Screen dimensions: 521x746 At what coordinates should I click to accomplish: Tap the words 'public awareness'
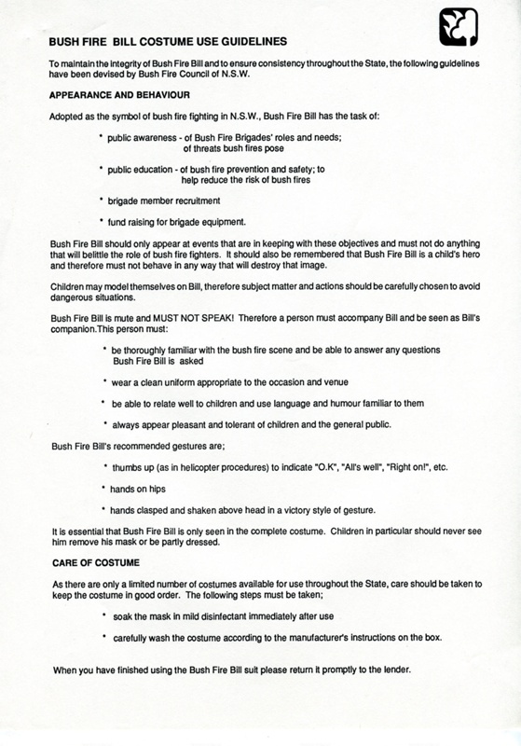click(152, 139)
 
